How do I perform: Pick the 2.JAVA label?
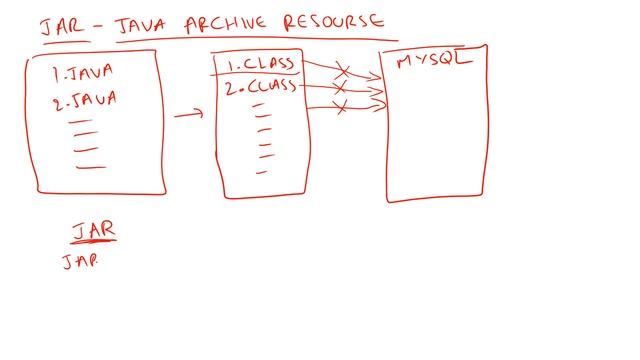click(86, 98)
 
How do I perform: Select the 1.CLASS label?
click(260, 66)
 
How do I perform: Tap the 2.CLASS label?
click(260, 87)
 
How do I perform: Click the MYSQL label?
click(433, 61)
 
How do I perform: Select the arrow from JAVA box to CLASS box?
click(188, 115)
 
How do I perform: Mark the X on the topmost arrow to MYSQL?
click(342, 71)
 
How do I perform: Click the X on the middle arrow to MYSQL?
click(339, 89)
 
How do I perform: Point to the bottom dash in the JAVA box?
click(90, 166)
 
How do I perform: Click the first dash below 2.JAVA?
click(81, 121)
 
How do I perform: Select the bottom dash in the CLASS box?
click(261, 172)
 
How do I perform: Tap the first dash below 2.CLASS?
click(262, 104)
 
